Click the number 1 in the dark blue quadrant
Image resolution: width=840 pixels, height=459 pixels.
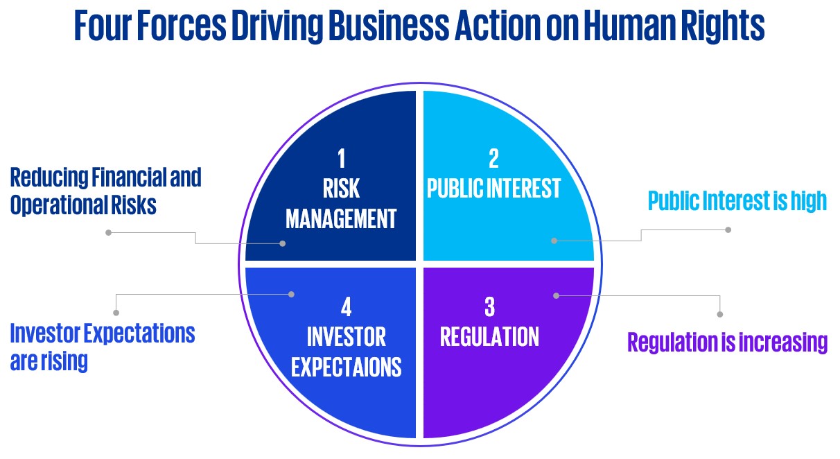click(x=341, y=159)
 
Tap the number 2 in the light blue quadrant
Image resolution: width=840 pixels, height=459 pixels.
click(x=493, y=159)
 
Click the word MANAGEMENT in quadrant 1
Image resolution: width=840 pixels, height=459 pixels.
click(x=341, y=219)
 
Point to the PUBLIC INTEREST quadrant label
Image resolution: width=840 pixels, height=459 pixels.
click(x=493, y=189)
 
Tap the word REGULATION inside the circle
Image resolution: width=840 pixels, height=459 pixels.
click(x=489, y=337)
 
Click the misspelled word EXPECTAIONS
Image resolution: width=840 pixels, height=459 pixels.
click(x=346, y=367)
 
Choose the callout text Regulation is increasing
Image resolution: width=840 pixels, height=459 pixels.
click(x=727, y=343)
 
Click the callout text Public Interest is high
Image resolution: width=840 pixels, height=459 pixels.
click(x=737, y=201)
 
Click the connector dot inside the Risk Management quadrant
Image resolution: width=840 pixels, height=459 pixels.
click(x=283, y=243)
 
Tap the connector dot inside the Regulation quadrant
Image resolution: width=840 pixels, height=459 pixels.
click(x=556, y=295)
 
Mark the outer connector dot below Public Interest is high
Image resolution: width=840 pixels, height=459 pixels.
click(x=728, y=229)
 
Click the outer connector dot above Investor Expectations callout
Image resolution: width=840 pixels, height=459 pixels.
click(x=116, y=313)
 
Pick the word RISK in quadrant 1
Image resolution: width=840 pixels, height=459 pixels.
click(x=341, y=189)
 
